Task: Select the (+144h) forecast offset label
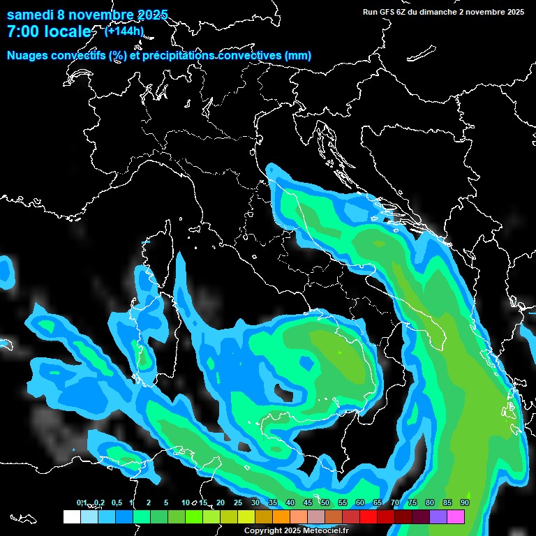(x=124, y=31)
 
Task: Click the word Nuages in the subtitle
(x=27, y=55)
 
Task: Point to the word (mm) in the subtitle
(x=297, y=55)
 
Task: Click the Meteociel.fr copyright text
(x=296, y=530)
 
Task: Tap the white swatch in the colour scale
(x=72, y=516)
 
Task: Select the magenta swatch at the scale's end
(x=456, y=516)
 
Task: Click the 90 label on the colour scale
(x=464, y=502)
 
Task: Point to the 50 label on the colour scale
(x=325, y=502)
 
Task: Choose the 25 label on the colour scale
(x=238, y=502)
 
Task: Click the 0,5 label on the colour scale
(x=116, y=502)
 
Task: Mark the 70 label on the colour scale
(x=395, y=502)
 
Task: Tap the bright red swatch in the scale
(x=368, y=516)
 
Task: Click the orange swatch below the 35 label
(x=281, y=516)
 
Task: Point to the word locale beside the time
(x=68, y=31)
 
